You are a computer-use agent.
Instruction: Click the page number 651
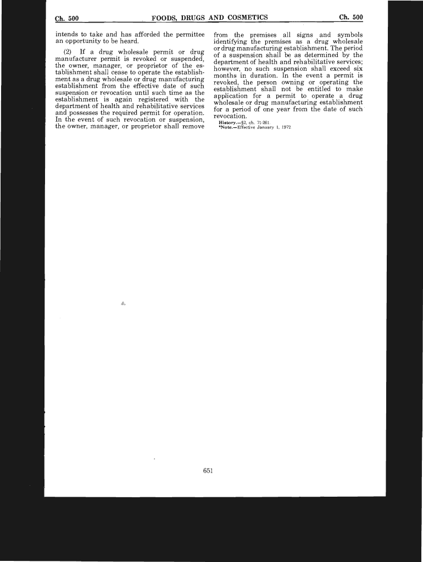208,470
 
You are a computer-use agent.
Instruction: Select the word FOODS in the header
164,18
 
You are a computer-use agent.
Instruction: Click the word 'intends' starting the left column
66,35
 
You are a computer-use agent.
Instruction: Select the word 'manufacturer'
76,59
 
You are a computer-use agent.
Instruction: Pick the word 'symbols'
350,35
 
